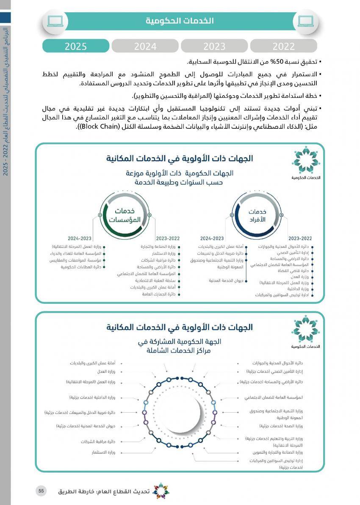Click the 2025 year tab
pyautogui.click(x=76, y=46)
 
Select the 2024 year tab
pyautogui.click(x=145, y=46)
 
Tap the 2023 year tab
pyautogui.click(x=214, y=46)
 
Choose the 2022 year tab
pyautogui.click(x=283, y=46)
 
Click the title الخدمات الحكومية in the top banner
pyautogui.click(x=180, y=21)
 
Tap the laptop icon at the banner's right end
pyautogui.click(x=306, y=21)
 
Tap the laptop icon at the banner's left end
pyautogui.click(x=55, y=21)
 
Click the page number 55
pyautogui.click(x=41, y=491)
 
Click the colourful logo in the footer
pyautogui.click(x=160, y=491)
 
